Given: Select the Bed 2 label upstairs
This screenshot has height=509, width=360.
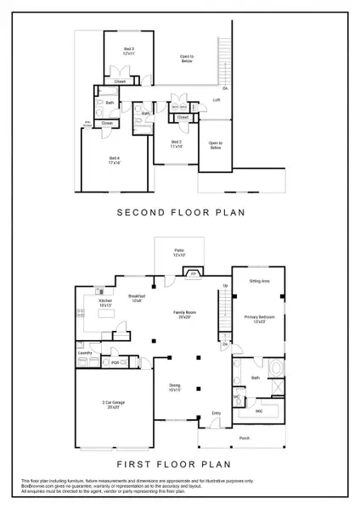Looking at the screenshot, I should [x=177, y=143].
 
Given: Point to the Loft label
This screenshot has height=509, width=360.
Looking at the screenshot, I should [x=217, y=100].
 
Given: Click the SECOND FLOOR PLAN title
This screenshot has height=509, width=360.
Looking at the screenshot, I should [x=179, y=214].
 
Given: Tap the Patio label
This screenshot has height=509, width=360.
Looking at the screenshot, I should [x=179, y=252].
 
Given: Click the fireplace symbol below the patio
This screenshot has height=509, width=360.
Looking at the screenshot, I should [x=193, y=275].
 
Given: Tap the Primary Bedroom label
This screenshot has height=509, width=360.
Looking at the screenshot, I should [x=256, y=319].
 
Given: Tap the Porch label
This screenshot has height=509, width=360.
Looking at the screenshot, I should [x=245, y=438].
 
